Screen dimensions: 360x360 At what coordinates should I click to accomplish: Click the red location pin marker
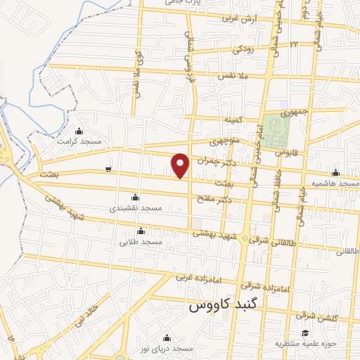coord(181,165)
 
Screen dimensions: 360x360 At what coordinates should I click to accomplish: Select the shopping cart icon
coord(108,169)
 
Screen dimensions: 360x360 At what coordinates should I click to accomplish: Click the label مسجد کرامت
coord(82,141)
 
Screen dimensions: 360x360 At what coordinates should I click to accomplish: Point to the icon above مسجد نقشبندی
coord(135,198)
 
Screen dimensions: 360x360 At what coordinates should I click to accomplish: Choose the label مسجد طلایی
coord(141,242)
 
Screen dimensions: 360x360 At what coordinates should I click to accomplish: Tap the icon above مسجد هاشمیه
coord(335,173)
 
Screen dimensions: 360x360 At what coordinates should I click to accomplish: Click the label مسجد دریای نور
coord(167,349)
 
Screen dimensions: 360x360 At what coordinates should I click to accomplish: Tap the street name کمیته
coord(233,120)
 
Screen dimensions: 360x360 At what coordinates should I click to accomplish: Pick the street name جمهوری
coord(294,112)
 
